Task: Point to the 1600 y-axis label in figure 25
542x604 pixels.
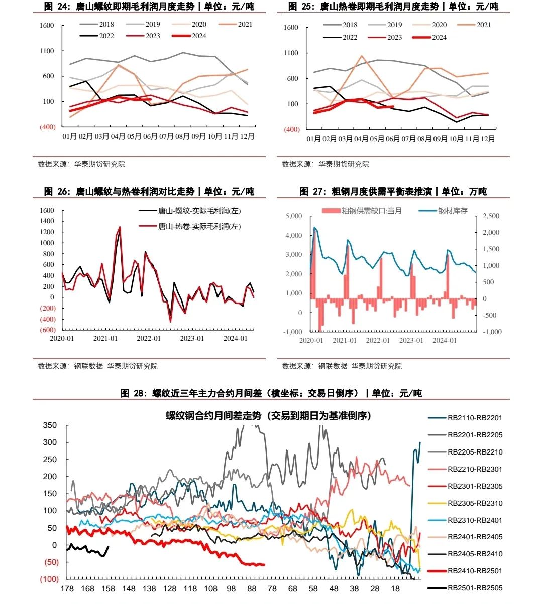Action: pos(291,27)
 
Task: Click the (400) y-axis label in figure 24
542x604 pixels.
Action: pos(47,127)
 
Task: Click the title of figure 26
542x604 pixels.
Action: pos(149,191)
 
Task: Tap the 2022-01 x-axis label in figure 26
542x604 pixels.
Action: pos(149,338)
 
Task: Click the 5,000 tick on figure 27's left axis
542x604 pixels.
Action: pos(293,216)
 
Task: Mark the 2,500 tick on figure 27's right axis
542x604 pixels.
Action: pos(491,216)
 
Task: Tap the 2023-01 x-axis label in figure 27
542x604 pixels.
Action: pos(411,340)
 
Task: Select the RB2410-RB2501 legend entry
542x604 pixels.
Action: pos(475,571)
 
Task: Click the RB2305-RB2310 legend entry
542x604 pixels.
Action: pos(475,503)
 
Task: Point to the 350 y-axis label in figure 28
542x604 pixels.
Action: pos(50,425)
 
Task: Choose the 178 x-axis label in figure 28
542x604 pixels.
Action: pos(67,589)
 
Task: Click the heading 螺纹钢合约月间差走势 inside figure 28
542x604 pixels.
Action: pos(268,416)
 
